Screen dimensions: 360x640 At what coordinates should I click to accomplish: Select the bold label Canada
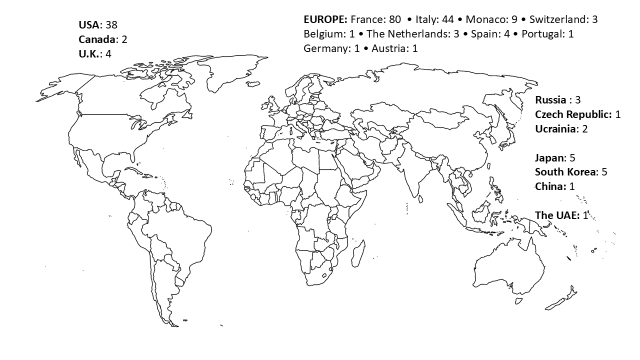point(97,39)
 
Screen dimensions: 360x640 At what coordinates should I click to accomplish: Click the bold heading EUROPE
point(325,20)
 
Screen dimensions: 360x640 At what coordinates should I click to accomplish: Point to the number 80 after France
point(395,20)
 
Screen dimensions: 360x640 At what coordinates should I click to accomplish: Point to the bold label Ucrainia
point(555,129)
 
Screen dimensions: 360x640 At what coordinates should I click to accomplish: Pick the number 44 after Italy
point(447,20)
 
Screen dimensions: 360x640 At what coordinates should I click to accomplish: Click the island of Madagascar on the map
point(358,253)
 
